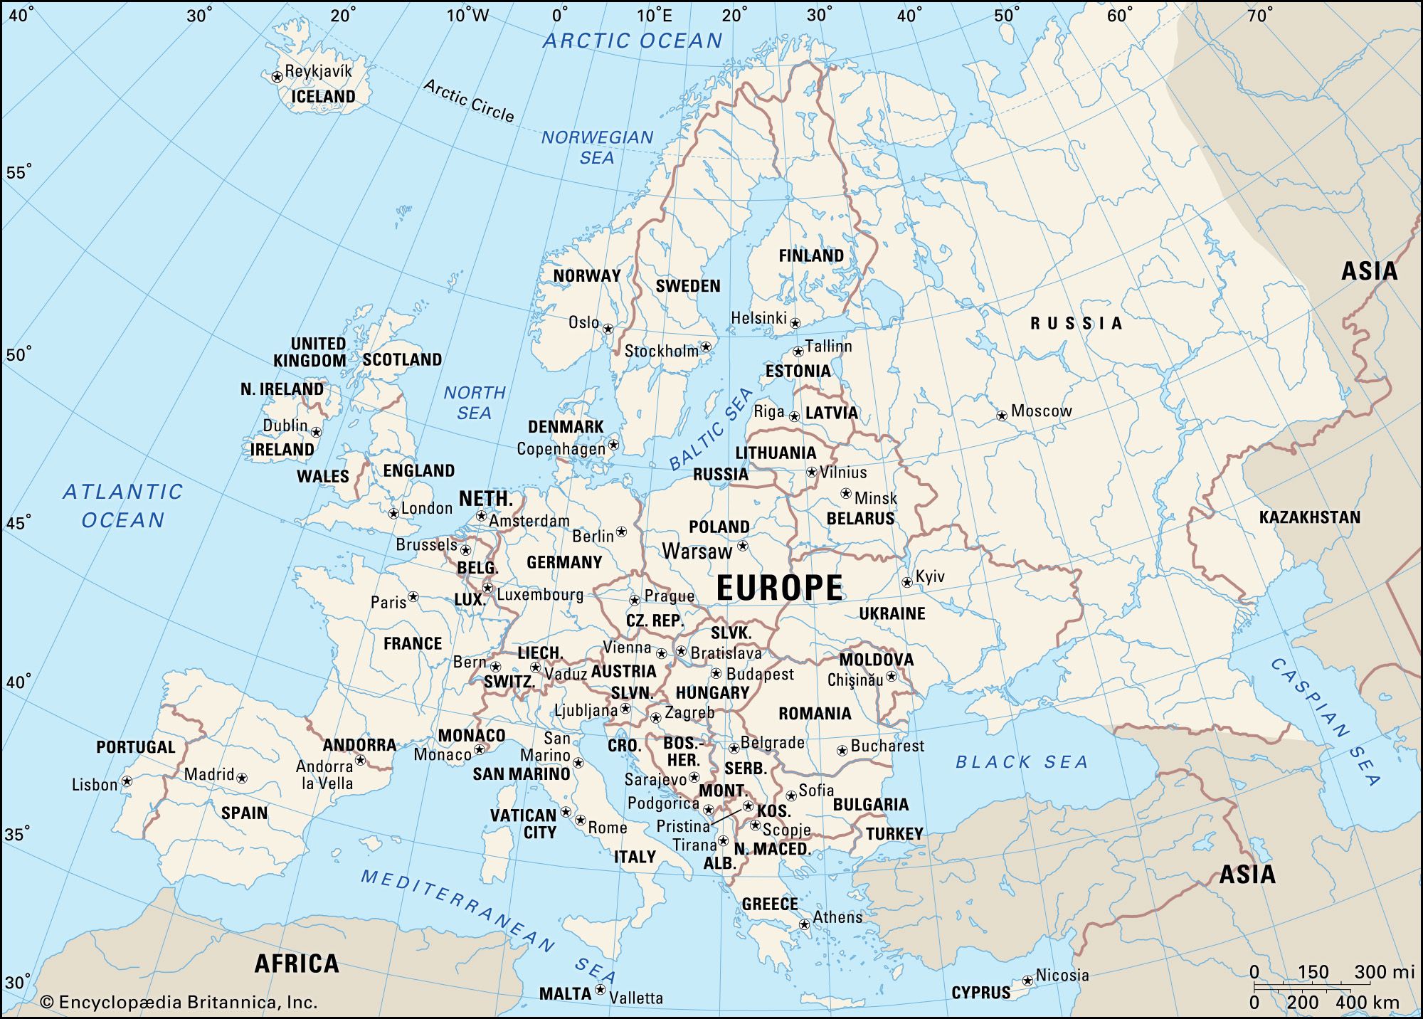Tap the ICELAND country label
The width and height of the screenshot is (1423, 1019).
(323, 97)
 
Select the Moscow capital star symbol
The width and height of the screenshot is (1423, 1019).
(1001, 415)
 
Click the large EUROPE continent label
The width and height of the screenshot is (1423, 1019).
(779, 588)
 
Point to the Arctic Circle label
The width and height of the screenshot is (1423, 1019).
(469, 100)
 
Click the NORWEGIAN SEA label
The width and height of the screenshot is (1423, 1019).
(597, 147)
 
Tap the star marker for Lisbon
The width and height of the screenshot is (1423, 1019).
(127, 781)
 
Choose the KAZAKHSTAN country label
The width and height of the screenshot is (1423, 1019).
(1309, 517)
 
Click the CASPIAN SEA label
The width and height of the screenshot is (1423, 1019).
(1325, 722)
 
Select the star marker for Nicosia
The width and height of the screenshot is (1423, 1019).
(1027, 981)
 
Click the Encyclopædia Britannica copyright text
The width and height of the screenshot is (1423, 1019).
(179, 1003)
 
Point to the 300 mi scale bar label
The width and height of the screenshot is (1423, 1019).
(1383, 972)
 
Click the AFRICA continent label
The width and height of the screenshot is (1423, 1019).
(297, 963)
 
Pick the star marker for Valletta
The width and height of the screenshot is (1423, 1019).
(600, 990)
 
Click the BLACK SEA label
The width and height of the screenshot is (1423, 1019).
(1022, 762)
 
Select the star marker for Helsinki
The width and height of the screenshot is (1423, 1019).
(795, 323)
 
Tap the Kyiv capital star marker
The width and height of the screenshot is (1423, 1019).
(906, 582)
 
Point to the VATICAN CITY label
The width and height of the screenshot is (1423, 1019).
(523, 824)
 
